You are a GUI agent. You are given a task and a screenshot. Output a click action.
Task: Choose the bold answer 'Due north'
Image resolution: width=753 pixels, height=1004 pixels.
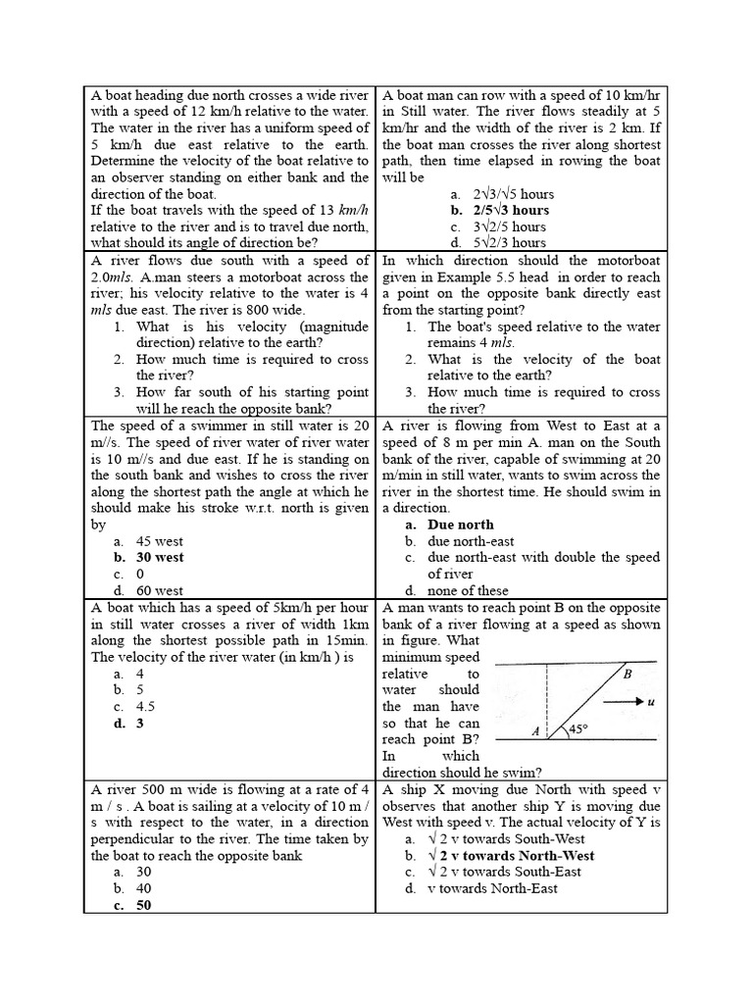click(460, 525)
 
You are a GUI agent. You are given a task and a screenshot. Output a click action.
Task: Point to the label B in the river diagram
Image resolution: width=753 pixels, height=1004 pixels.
click(627, 674)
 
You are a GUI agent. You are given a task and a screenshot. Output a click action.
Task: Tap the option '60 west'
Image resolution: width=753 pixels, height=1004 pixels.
click(160, 590)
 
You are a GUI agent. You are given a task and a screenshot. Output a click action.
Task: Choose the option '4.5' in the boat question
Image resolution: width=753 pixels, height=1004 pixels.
click(146, 706)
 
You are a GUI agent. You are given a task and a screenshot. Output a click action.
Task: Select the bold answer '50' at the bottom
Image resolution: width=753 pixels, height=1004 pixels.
click(144, 905)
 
